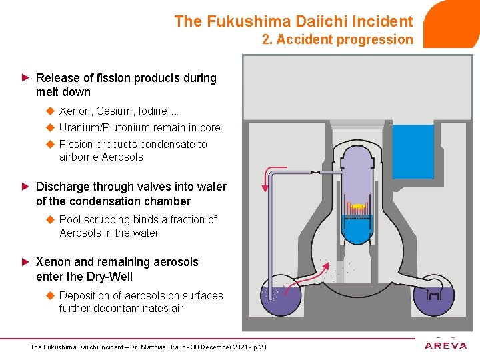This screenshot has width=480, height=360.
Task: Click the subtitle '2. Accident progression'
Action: (337, 39)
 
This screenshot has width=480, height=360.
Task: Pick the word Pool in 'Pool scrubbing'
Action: (71, 219)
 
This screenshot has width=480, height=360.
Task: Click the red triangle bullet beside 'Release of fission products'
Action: (26, 78)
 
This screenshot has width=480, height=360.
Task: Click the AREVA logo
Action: (445, 345)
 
